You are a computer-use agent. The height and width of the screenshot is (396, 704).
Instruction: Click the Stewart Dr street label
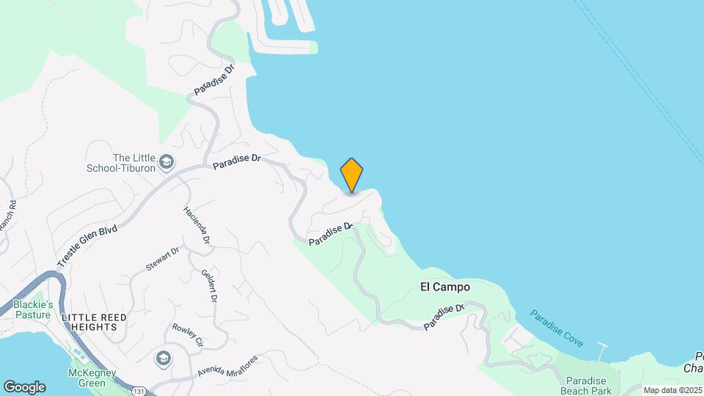coord(162,260)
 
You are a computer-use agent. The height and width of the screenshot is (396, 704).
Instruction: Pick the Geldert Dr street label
coord(209,286)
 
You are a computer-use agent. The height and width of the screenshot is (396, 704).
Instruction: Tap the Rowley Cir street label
coord(187,332)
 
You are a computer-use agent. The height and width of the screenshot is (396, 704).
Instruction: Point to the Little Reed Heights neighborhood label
coord(94,321)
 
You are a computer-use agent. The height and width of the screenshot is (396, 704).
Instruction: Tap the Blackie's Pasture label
coord(33,309)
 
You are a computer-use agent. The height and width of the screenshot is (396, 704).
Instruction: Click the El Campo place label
coord(445,287)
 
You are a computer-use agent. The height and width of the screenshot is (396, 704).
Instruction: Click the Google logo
coord(24,387)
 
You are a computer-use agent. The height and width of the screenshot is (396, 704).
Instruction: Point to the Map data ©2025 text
coord(671,390)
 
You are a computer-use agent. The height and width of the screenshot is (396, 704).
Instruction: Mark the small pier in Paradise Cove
coord(604,348)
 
